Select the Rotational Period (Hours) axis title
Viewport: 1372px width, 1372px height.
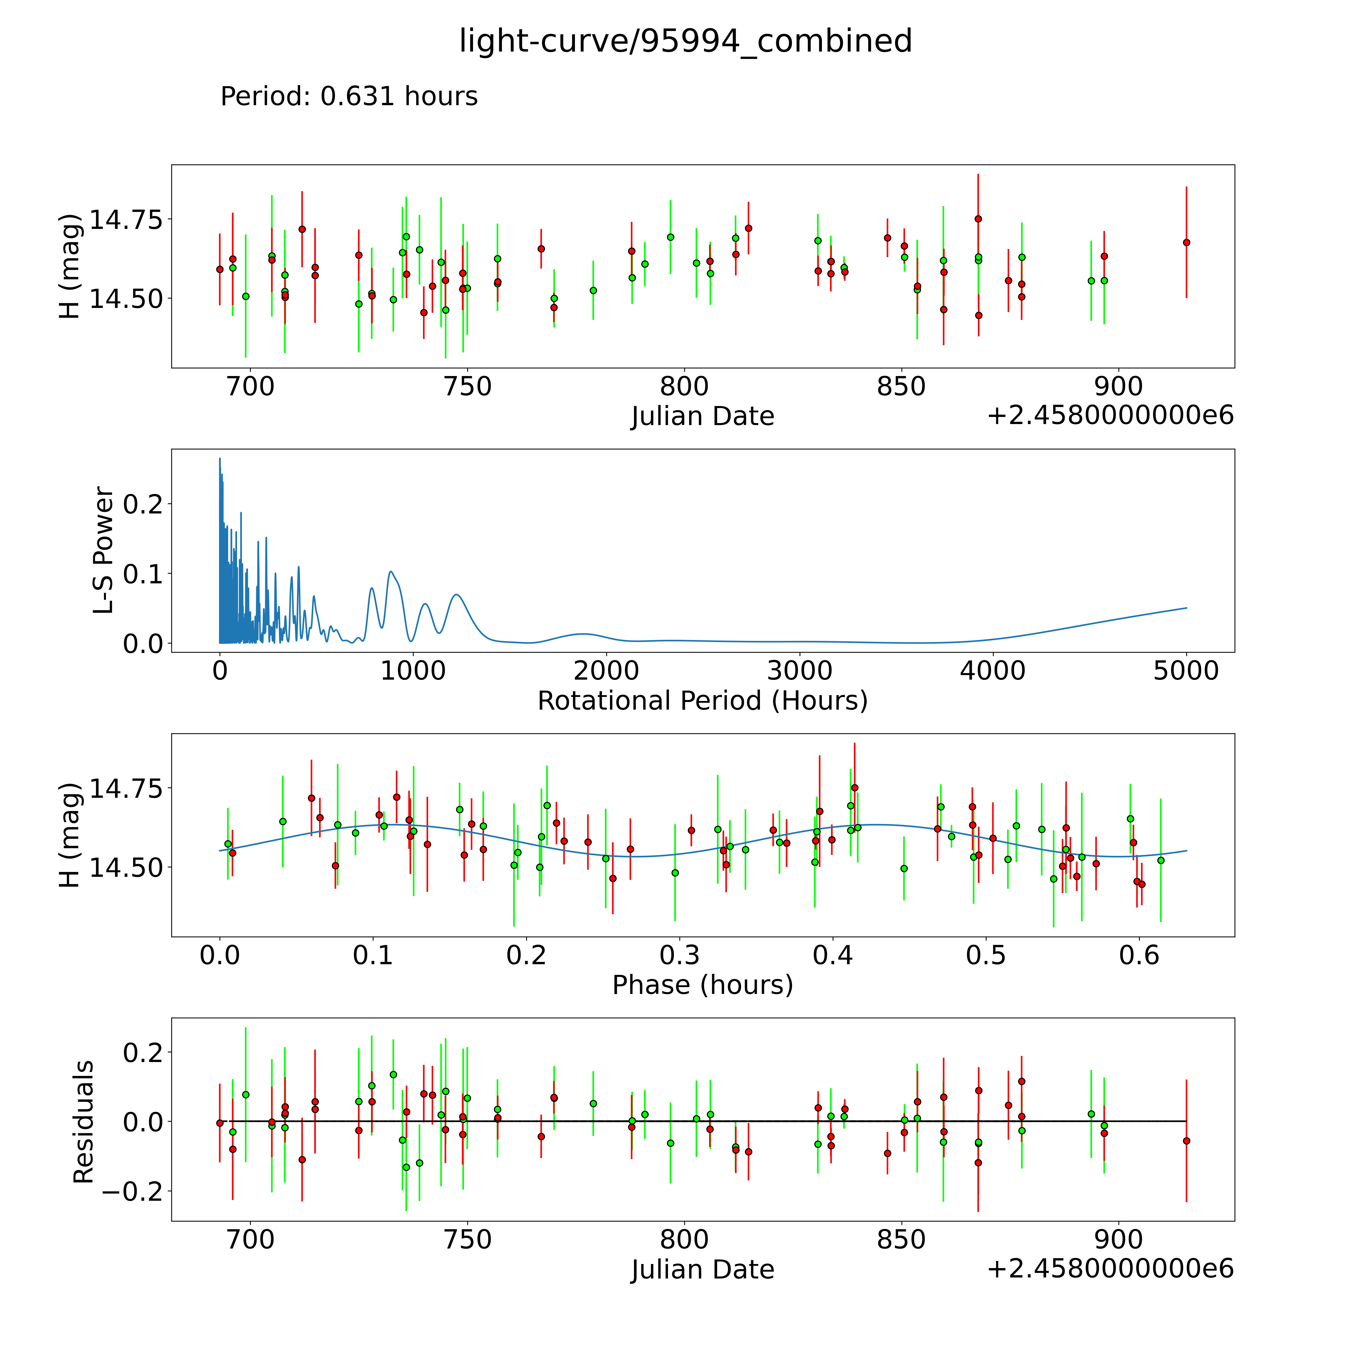702,701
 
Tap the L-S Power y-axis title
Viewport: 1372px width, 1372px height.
104,550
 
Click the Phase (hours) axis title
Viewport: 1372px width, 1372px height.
702,985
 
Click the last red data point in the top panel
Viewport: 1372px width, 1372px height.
1186,242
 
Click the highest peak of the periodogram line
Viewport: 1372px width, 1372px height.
220,458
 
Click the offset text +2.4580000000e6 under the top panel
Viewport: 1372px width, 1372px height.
1110,415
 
